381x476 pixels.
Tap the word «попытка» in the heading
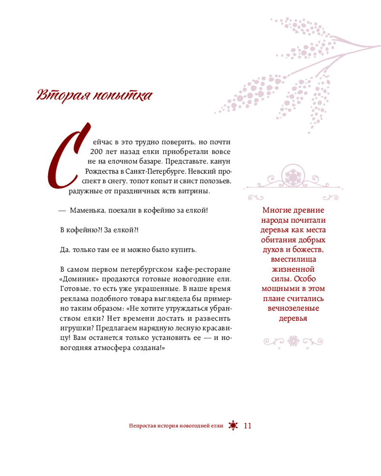pos(122,96)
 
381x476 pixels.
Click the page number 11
pos(247,426)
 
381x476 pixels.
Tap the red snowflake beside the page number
pos(233,426)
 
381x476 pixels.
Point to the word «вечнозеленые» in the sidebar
pos(293,308)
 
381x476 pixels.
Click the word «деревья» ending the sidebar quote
pos(293,318)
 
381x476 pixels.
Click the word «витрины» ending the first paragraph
pos(197,191)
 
